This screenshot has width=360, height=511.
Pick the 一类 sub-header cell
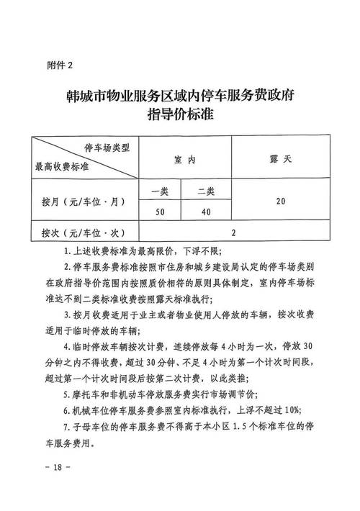click(x=159, y=191)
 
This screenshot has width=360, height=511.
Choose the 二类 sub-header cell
click(x=206, y=191)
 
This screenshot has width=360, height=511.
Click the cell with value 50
click(x=159, y=211)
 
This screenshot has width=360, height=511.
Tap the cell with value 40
click(x=206, y=211)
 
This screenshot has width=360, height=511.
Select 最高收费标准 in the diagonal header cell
click(x=62, y=167)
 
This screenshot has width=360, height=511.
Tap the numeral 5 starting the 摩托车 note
click(x=66, y=394)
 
